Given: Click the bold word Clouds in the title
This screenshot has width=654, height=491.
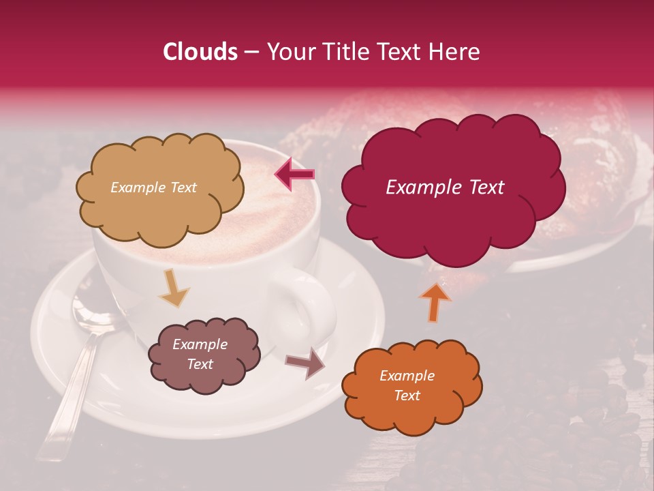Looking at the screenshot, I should [200, 52].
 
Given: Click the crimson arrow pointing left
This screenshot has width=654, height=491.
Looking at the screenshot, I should [295, 175].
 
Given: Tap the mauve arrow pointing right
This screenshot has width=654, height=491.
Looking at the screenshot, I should [305, 363].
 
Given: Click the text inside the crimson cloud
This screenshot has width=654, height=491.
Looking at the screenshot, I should [445, 188].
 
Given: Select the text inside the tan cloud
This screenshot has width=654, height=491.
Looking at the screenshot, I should [153, 188].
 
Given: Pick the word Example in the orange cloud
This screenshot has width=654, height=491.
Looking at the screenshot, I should [407, 376].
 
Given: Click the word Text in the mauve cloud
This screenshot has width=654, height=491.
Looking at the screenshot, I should [200, 364].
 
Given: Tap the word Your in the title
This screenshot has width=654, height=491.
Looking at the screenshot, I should [289, 52].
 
